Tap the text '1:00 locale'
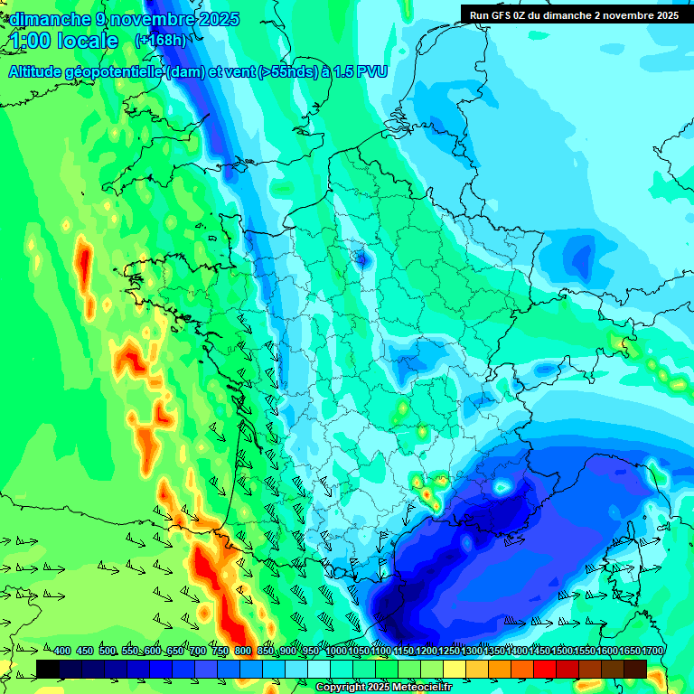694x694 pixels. tap(64, 41)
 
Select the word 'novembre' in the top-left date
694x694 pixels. tap(156, 19)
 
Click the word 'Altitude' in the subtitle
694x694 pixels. tap(41, 71)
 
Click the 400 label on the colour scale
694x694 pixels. tap(62, 651)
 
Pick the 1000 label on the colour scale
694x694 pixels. tap(336, 651)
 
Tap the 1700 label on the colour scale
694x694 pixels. tap(652, 651)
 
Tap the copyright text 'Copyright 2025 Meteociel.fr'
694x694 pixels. tap(383, 688)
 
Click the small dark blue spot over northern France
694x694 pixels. tap(361, 260)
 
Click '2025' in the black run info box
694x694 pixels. tap(666, 14)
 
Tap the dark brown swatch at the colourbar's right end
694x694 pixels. tap(635, 669)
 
